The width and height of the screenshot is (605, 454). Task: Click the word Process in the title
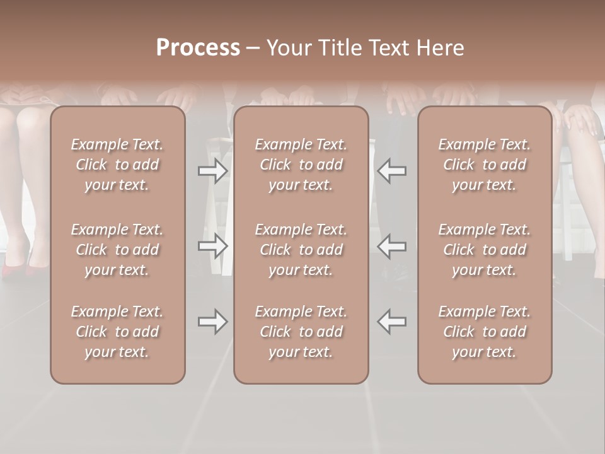pyautogui.click(x=198, y=48)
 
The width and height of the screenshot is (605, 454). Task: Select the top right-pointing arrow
pyautogui.click(x=213, y=171)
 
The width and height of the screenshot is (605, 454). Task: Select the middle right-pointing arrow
pyautogui.click(x=213, y=246)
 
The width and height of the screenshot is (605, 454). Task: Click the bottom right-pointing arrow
pyautogui.click(x=213, y=322)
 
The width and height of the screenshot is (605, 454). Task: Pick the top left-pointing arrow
pyautogui.click(x=391, y=171)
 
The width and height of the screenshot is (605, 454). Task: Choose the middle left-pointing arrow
pyautogui.click(x=391, y=246)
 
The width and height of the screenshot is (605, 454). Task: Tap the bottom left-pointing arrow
pyautogui.click(x=391, y=322)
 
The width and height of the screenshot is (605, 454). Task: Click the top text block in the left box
pyautogui.click(x=117, y=165)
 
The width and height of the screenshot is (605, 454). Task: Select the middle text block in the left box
pyautogui.click(x=117, y=250)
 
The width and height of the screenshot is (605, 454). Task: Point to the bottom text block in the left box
pyautogui.click(x=117, y=332)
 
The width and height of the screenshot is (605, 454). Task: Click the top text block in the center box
pyautogui.click(x=301, y=165)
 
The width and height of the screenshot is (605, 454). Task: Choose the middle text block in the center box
pyautogui.click(x=301, y=250)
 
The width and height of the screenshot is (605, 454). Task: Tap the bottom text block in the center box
pyautogui.click(x=301, y=332)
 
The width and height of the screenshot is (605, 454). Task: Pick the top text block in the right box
pyautogui.click(x=485, y=165)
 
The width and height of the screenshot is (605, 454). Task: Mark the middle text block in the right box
pyautogui.click(x=485, y=250)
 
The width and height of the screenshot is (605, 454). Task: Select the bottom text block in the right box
pyautogui.click(x=485, y=332)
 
